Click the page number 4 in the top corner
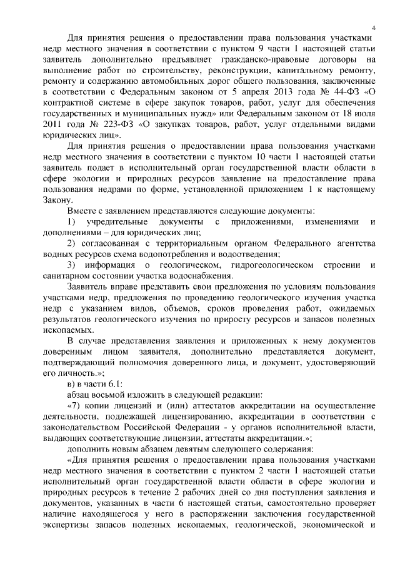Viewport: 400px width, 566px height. tap(372, 27)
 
